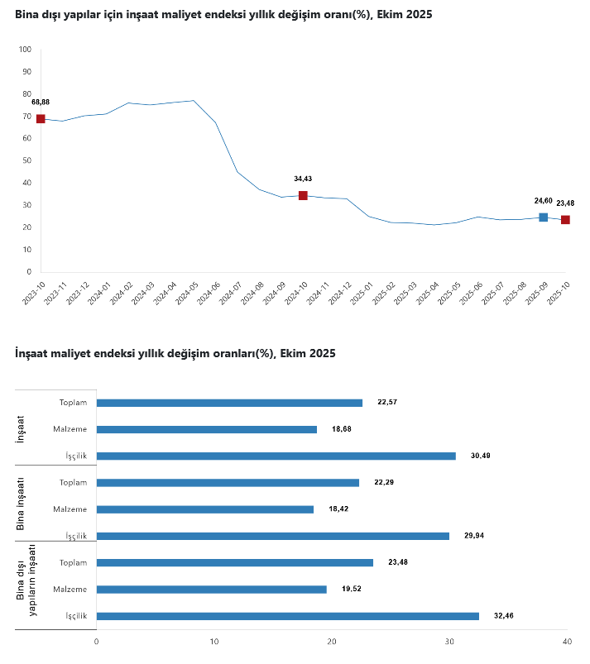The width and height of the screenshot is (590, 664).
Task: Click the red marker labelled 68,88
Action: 41,119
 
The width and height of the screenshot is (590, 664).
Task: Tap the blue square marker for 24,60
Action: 543,217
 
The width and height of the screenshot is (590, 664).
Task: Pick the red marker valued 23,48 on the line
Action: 565,220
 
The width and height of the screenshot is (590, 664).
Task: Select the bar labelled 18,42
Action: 205,509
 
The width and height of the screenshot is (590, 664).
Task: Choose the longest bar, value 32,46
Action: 287,616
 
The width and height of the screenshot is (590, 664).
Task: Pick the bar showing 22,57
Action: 229,403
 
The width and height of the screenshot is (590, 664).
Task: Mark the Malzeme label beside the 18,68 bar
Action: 70,429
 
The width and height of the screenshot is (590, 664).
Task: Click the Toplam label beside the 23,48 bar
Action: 74,562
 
